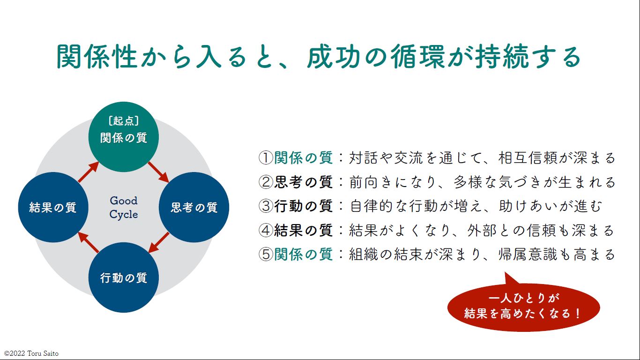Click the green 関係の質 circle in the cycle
click(x=123, y=137)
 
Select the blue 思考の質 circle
click(x=194, y=207)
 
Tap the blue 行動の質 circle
click(x=123, y=277)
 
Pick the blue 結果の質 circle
click(x=53, y=207)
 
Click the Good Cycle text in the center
click(x=123, y=207)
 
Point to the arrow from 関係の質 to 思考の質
click(x=158, y=172)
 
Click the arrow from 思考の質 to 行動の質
click(x=159, y=242)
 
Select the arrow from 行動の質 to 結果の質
click(x=89, y=242)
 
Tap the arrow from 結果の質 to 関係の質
click(x=89, y=172)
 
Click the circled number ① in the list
click(x=266, y=158)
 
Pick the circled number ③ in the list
click(x=266, y=206)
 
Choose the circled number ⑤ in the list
click(x=266, y=255)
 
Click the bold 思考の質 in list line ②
click(x=304, y=182)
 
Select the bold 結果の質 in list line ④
click(x=304, y=231)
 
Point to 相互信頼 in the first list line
click(x=528, y=158)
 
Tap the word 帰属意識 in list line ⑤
click(x=528, y=255)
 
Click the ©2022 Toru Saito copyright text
click(x=31, y=353)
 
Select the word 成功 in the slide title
click(x=334, y=56)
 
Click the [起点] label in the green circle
click(x=123, y=120)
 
